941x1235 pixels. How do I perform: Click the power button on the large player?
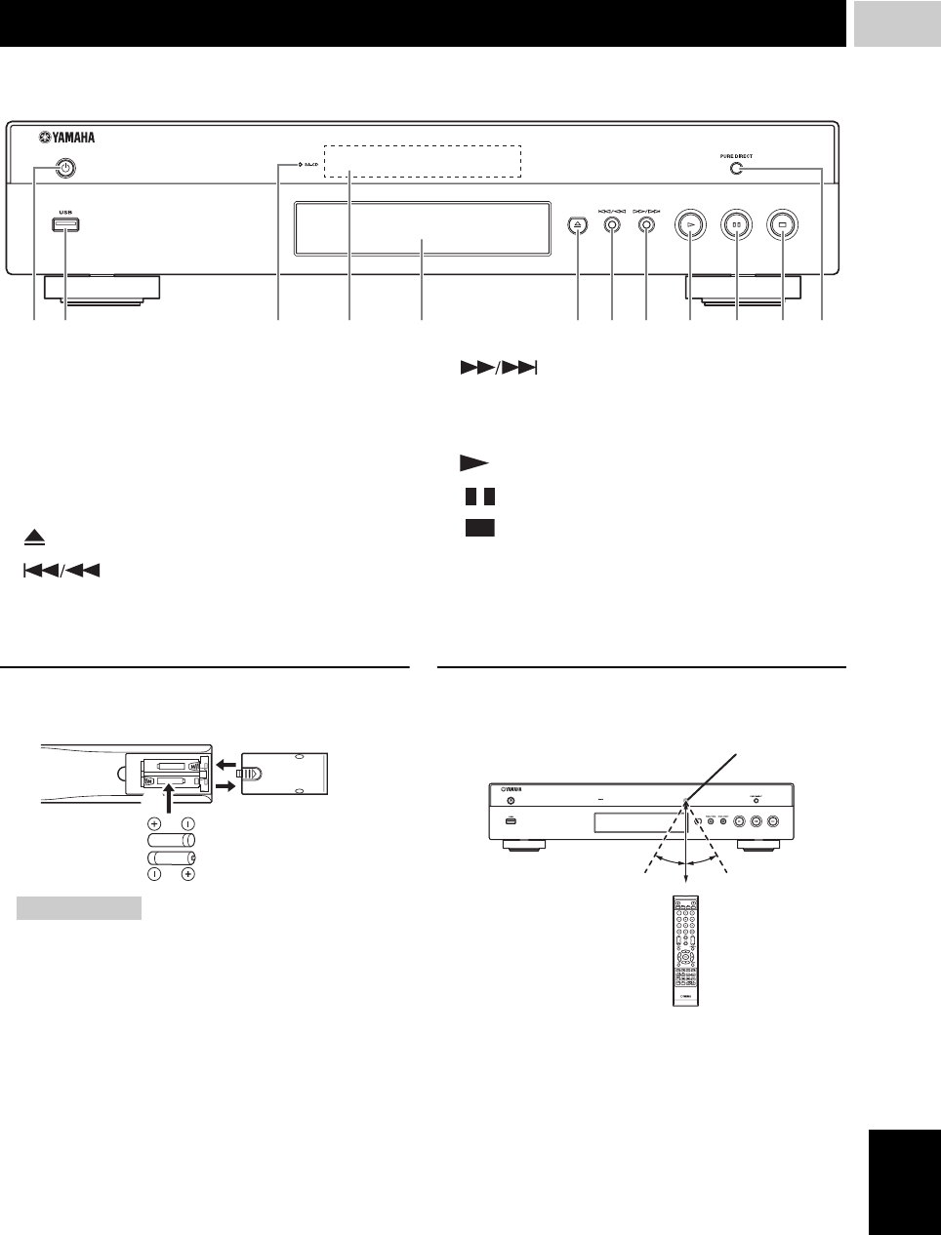(64, 169)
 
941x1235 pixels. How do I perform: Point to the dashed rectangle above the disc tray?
(423, 162)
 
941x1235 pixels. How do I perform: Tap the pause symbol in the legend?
(480, 497)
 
